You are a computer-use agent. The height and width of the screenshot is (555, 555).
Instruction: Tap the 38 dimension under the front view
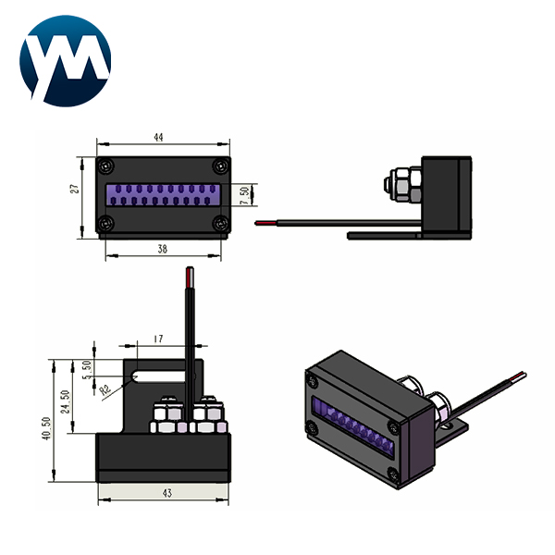[163, 249]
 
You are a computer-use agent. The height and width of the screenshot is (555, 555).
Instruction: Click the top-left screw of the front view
[108, 166]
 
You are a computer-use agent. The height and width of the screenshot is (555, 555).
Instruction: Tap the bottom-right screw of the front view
[219, 223]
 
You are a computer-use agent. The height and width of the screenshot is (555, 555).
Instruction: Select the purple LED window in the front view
[164, 194]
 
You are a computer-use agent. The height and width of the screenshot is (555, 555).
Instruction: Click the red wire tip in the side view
[265, 223]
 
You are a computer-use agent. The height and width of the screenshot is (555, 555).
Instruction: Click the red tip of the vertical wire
[190, 276]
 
